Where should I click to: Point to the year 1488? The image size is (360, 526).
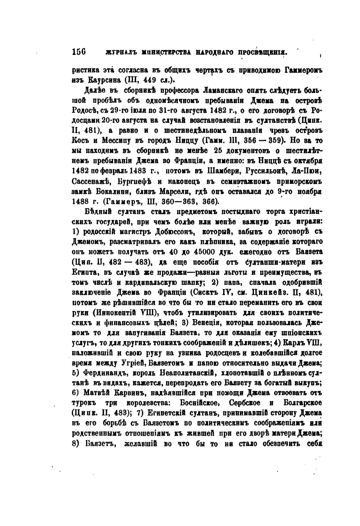81,201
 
